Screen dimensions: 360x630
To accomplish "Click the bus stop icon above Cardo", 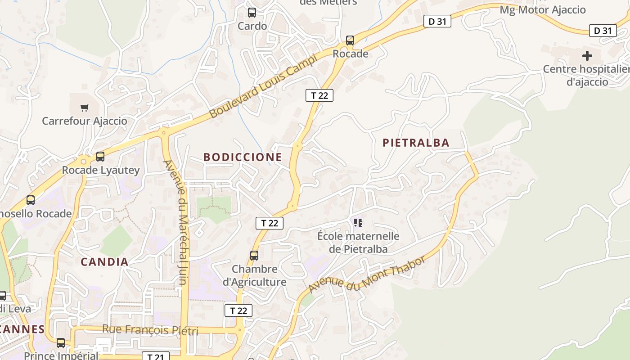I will pyautogui.click(x=252, y=13).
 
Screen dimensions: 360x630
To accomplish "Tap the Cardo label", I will pyautogui.click(x=252, y=26).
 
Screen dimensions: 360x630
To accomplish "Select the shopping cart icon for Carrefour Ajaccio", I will pyautogui.click(x=85, y=108).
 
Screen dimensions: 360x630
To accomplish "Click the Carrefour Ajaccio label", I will pyautogui.click(x=85, y=121).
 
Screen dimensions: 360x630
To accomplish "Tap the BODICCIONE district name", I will pyautogui.click(x=243, y=157).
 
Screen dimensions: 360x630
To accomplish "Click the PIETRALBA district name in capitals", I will pyautogui.click(x=416, y=143).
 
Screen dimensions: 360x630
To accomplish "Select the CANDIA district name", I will pyautogui.click(x=104, y=261).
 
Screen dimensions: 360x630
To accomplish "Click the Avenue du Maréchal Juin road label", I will pyautogui.click(x=181, y=222).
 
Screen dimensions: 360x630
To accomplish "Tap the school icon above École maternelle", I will pyautogui.click(x=358, y=222).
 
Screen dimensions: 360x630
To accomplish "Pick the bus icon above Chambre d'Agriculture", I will pyautogui.click(x=254, y=256).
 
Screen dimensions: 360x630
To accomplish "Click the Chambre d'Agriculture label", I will pyautogui.click(x=255, y=275).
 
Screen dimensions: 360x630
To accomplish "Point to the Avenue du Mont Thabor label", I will pyautogui.click(x=367, y=275).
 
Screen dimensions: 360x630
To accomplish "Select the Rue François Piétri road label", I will pyautogui.click(x=150, y=330).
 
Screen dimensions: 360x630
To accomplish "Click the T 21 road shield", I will pyautogui.click(x=156, y=356).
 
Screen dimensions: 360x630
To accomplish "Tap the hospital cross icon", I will pyautogui.click(x=587, y=56).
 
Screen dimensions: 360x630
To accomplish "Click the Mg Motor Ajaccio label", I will pyautogui.click(x=543, y=9).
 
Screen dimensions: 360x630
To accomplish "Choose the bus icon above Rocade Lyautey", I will pyautogui.click(x=100, y=157).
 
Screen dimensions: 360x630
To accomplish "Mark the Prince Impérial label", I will pyautogui.click(x=61, y=355).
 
